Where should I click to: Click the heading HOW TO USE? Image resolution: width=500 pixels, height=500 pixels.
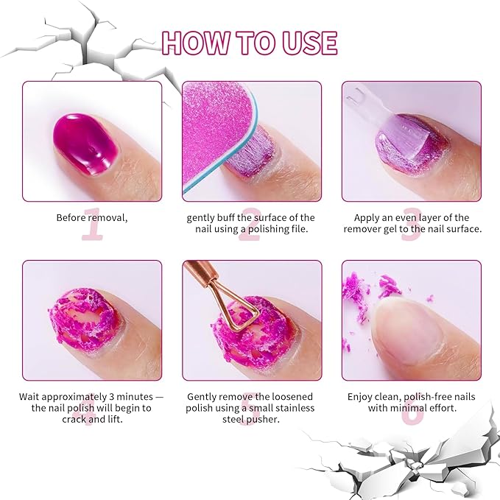[250, 43]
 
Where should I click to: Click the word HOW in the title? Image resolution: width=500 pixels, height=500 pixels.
[190, 43]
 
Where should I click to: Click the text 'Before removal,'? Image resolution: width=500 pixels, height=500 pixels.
[91, 218]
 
